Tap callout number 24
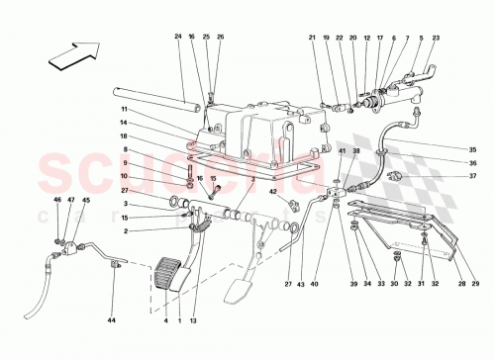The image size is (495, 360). click(179, 38)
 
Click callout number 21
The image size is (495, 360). click(312, 38)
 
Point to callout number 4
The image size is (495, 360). click(164, 321)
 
